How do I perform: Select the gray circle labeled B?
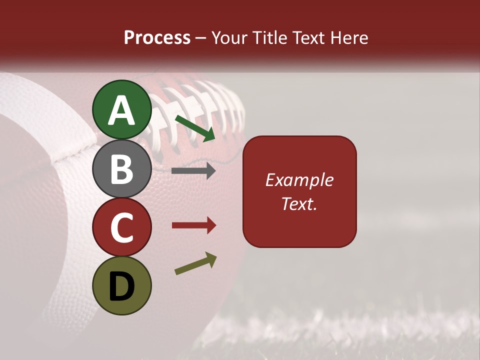121,168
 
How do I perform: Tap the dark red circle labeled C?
121,227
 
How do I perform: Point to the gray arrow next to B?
193,171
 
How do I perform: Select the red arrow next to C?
193,225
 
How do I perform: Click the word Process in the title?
157,38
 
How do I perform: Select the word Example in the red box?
299,180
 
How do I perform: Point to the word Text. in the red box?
299,203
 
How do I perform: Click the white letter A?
121,110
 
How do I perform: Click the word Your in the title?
228,38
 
